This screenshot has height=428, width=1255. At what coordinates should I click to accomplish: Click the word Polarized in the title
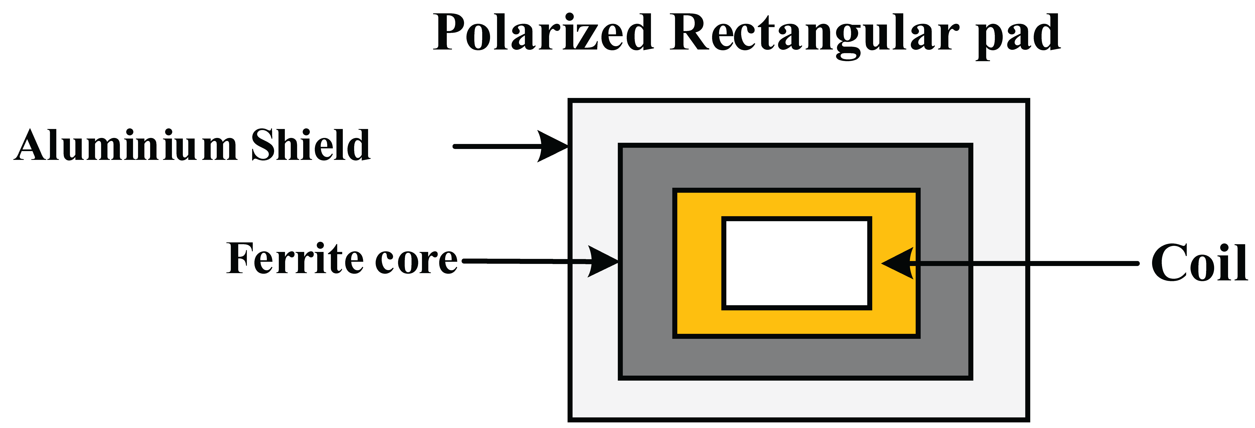click(543, 33)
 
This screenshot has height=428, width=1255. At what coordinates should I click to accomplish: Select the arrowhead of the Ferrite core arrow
click(603, 262)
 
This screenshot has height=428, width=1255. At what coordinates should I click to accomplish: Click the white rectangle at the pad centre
click(797, 263)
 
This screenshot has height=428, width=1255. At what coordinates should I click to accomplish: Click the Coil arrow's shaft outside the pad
click(1082, 263)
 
